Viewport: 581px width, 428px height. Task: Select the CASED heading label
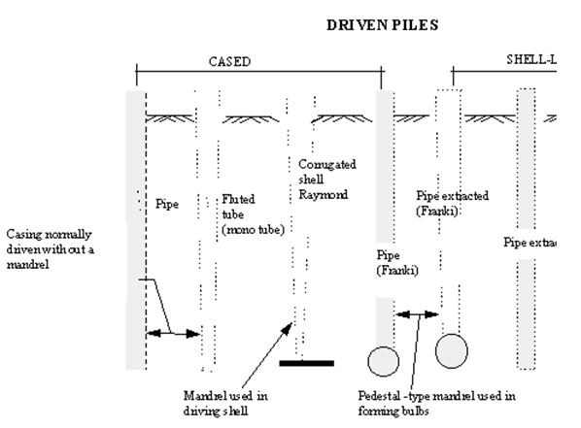click(x=230, y=60)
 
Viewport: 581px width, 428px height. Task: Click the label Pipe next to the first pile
click(x=167, y=205)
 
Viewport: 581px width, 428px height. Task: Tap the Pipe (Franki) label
click(x=396, y=263)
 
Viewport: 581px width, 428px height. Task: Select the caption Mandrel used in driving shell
click(x=224, y=403)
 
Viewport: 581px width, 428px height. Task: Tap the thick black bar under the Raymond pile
click(x=306, y=364)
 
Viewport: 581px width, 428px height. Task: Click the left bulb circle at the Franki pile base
click(x=384, y=361)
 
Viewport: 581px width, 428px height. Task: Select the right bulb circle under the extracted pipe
click(x=454, y=349)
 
